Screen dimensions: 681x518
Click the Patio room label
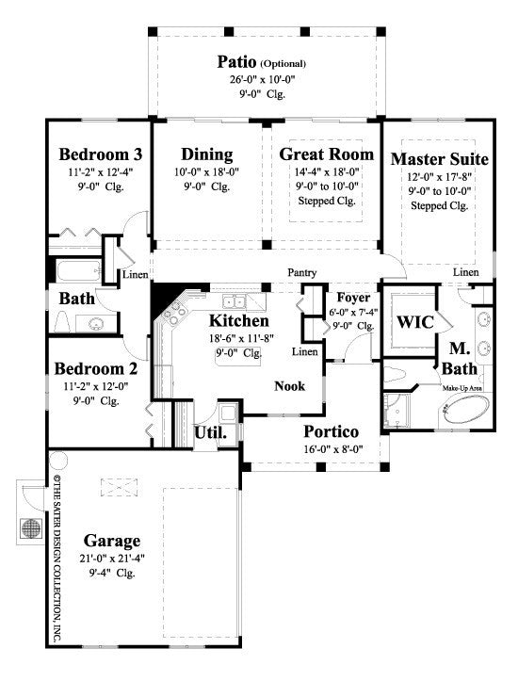(x=235, y=61)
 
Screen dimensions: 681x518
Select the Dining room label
(x=207, y=154)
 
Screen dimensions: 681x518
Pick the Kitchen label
(x=235, y=320)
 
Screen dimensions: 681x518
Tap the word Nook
(x=290, y=386)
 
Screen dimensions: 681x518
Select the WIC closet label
(x=414, y=322)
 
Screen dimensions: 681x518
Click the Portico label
(x=331, y=431)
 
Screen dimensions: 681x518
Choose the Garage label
(x=112, y=541)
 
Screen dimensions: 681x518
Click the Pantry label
(x=302, y=272)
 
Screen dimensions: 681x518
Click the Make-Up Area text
(x=464, y=387)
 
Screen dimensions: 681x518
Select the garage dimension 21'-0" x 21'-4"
(x=112, y=558)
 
